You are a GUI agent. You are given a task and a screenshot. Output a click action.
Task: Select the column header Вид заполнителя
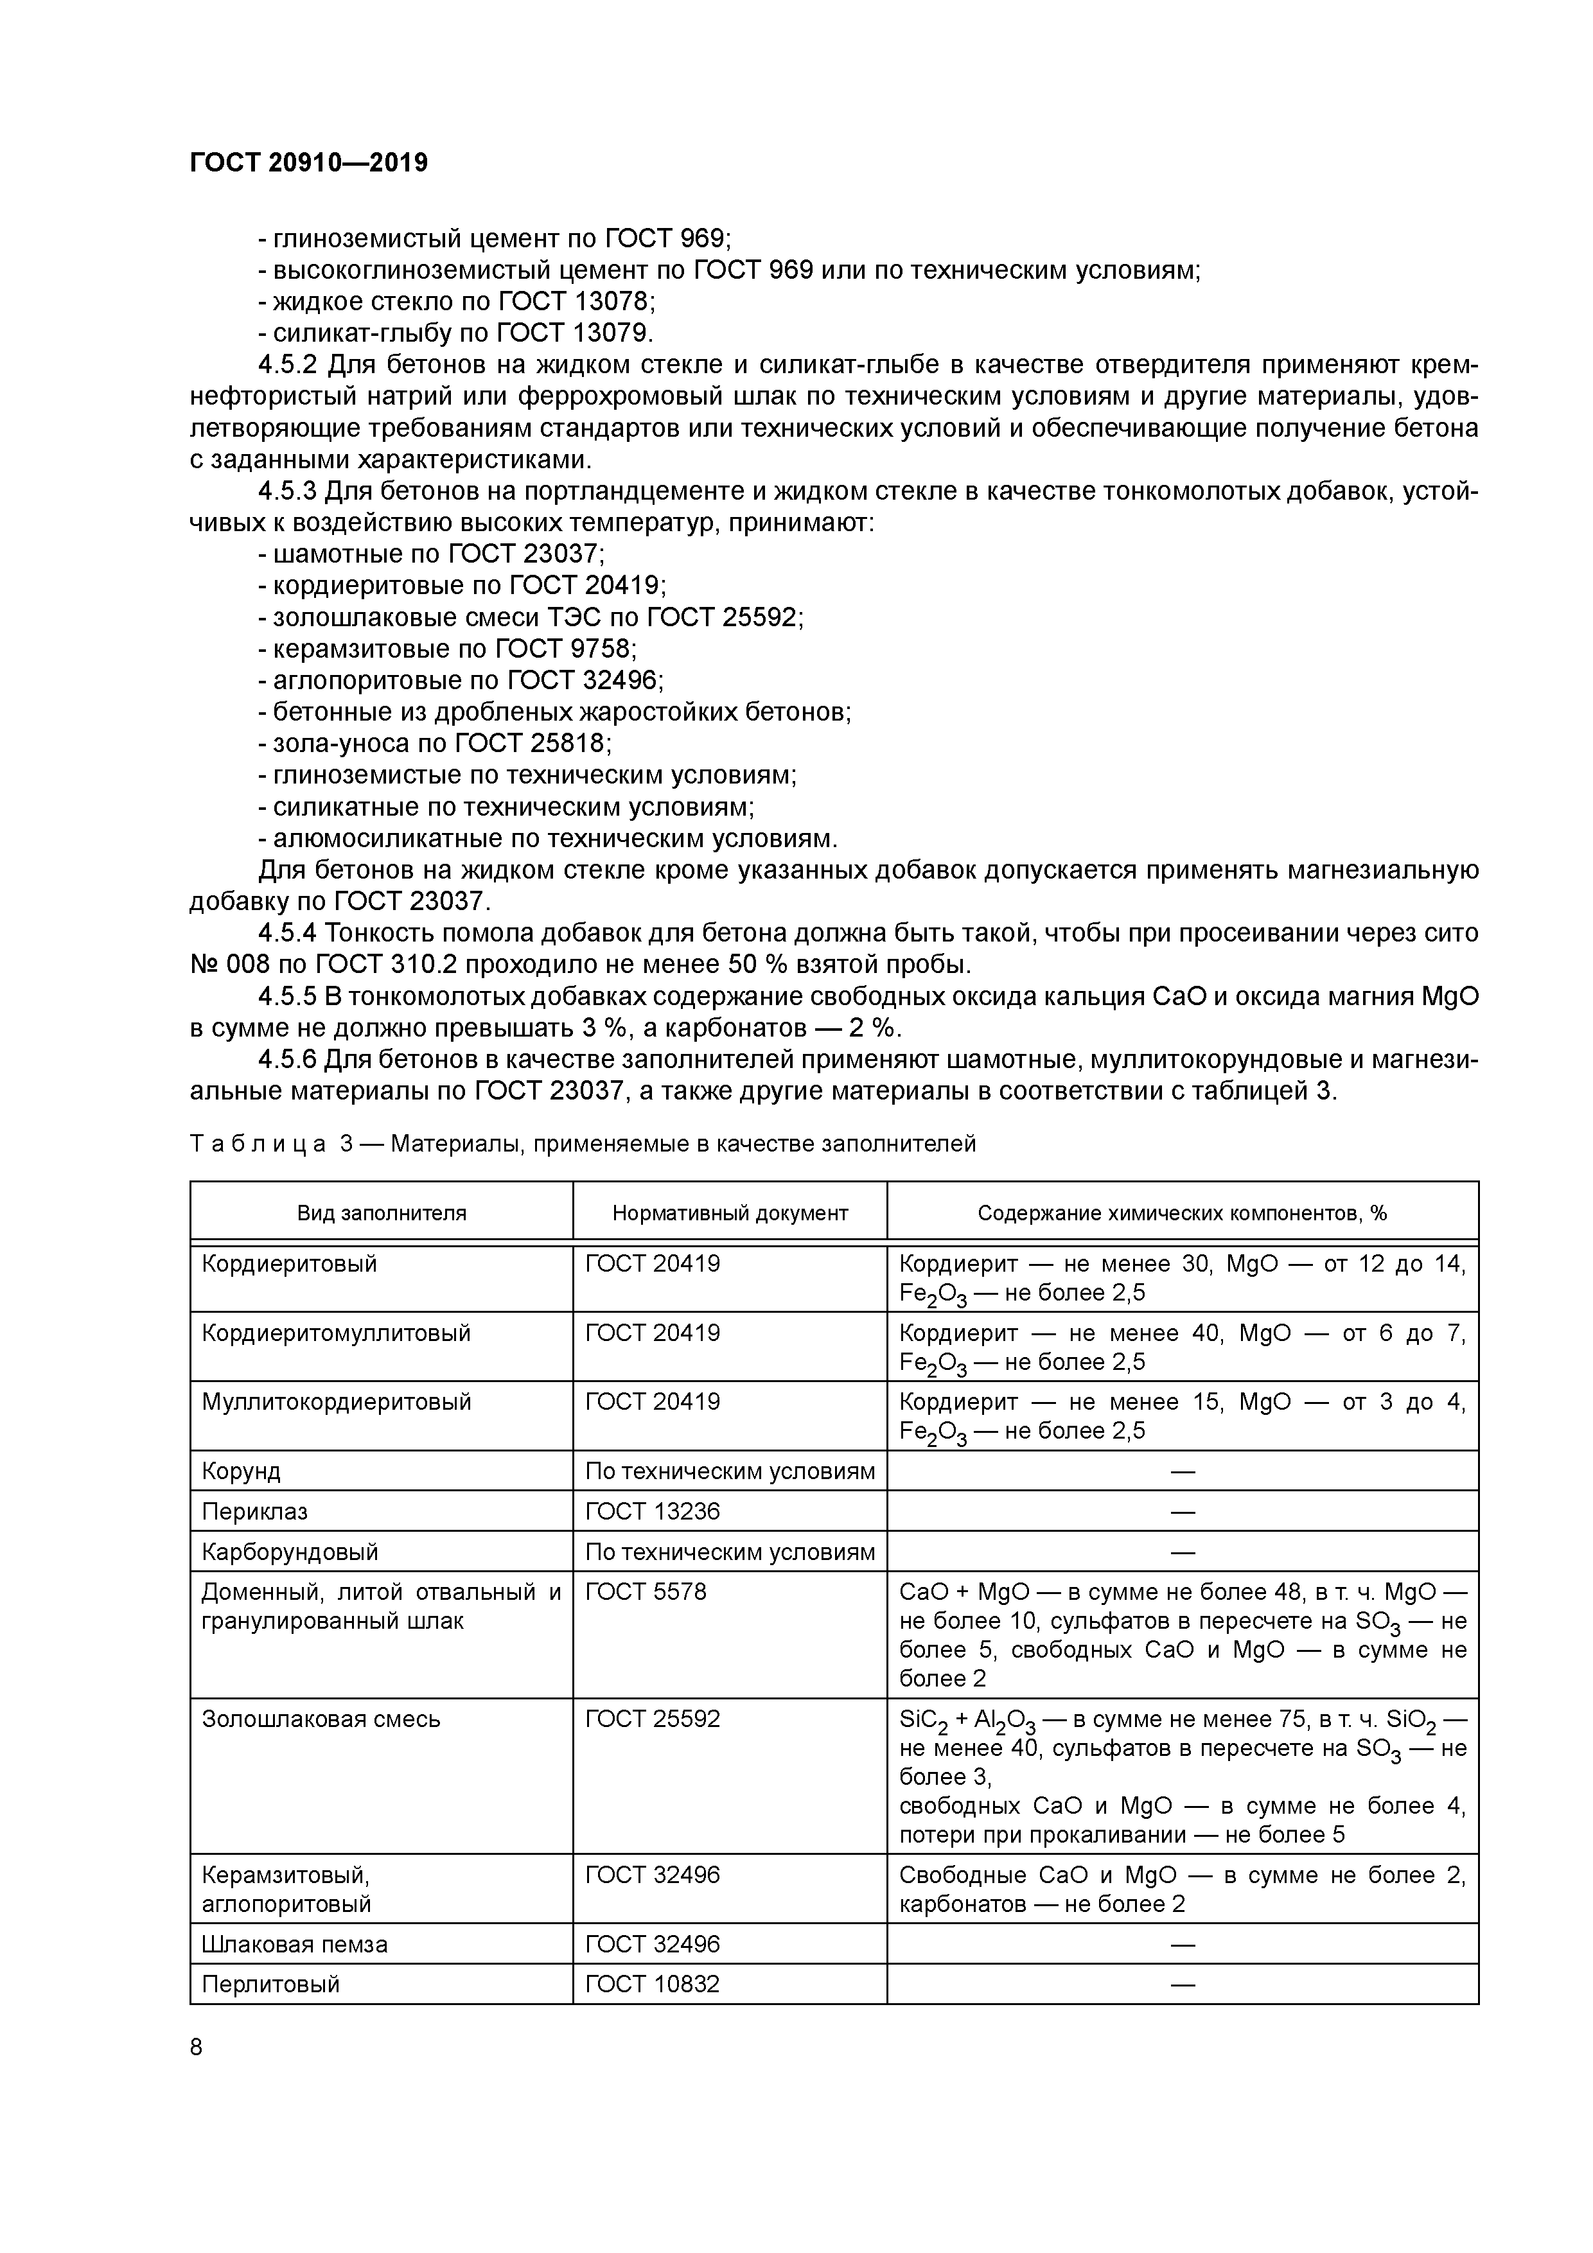point(382,1213)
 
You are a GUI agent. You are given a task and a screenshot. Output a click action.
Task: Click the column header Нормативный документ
point(729,1213)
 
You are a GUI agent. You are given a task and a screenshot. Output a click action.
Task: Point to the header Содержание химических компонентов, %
point(1182,1213)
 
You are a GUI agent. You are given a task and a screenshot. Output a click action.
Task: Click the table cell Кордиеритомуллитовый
point(336,1333)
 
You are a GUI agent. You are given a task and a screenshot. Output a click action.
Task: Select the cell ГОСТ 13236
point(652,1511)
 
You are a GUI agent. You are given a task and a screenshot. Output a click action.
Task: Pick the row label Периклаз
point(254,1511)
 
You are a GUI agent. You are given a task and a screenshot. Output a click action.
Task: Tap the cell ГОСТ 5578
point(645,1591)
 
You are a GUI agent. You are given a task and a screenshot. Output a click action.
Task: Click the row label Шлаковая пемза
point(294,1944)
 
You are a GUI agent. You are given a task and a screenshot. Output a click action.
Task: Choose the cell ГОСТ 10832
point(652,1984)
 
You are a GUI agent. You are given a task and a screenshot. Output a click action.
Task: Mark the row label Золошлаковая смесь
point(321,1719)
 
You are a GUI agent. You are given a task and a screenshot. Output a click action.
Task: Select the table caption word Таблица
point(257,1144)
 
